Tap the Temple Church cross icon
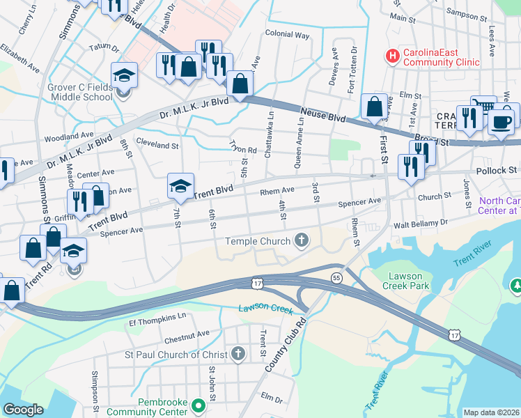coord(302,241)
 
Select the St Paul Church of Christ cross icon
coord(238,353)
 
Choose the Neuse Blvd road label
coord(323,115)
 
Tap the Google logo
coord(23,410)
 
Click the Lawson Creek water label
coord(264,309)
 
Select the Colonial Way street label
coord(287,33)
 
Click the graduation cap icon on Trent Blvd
coord(180,186)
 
